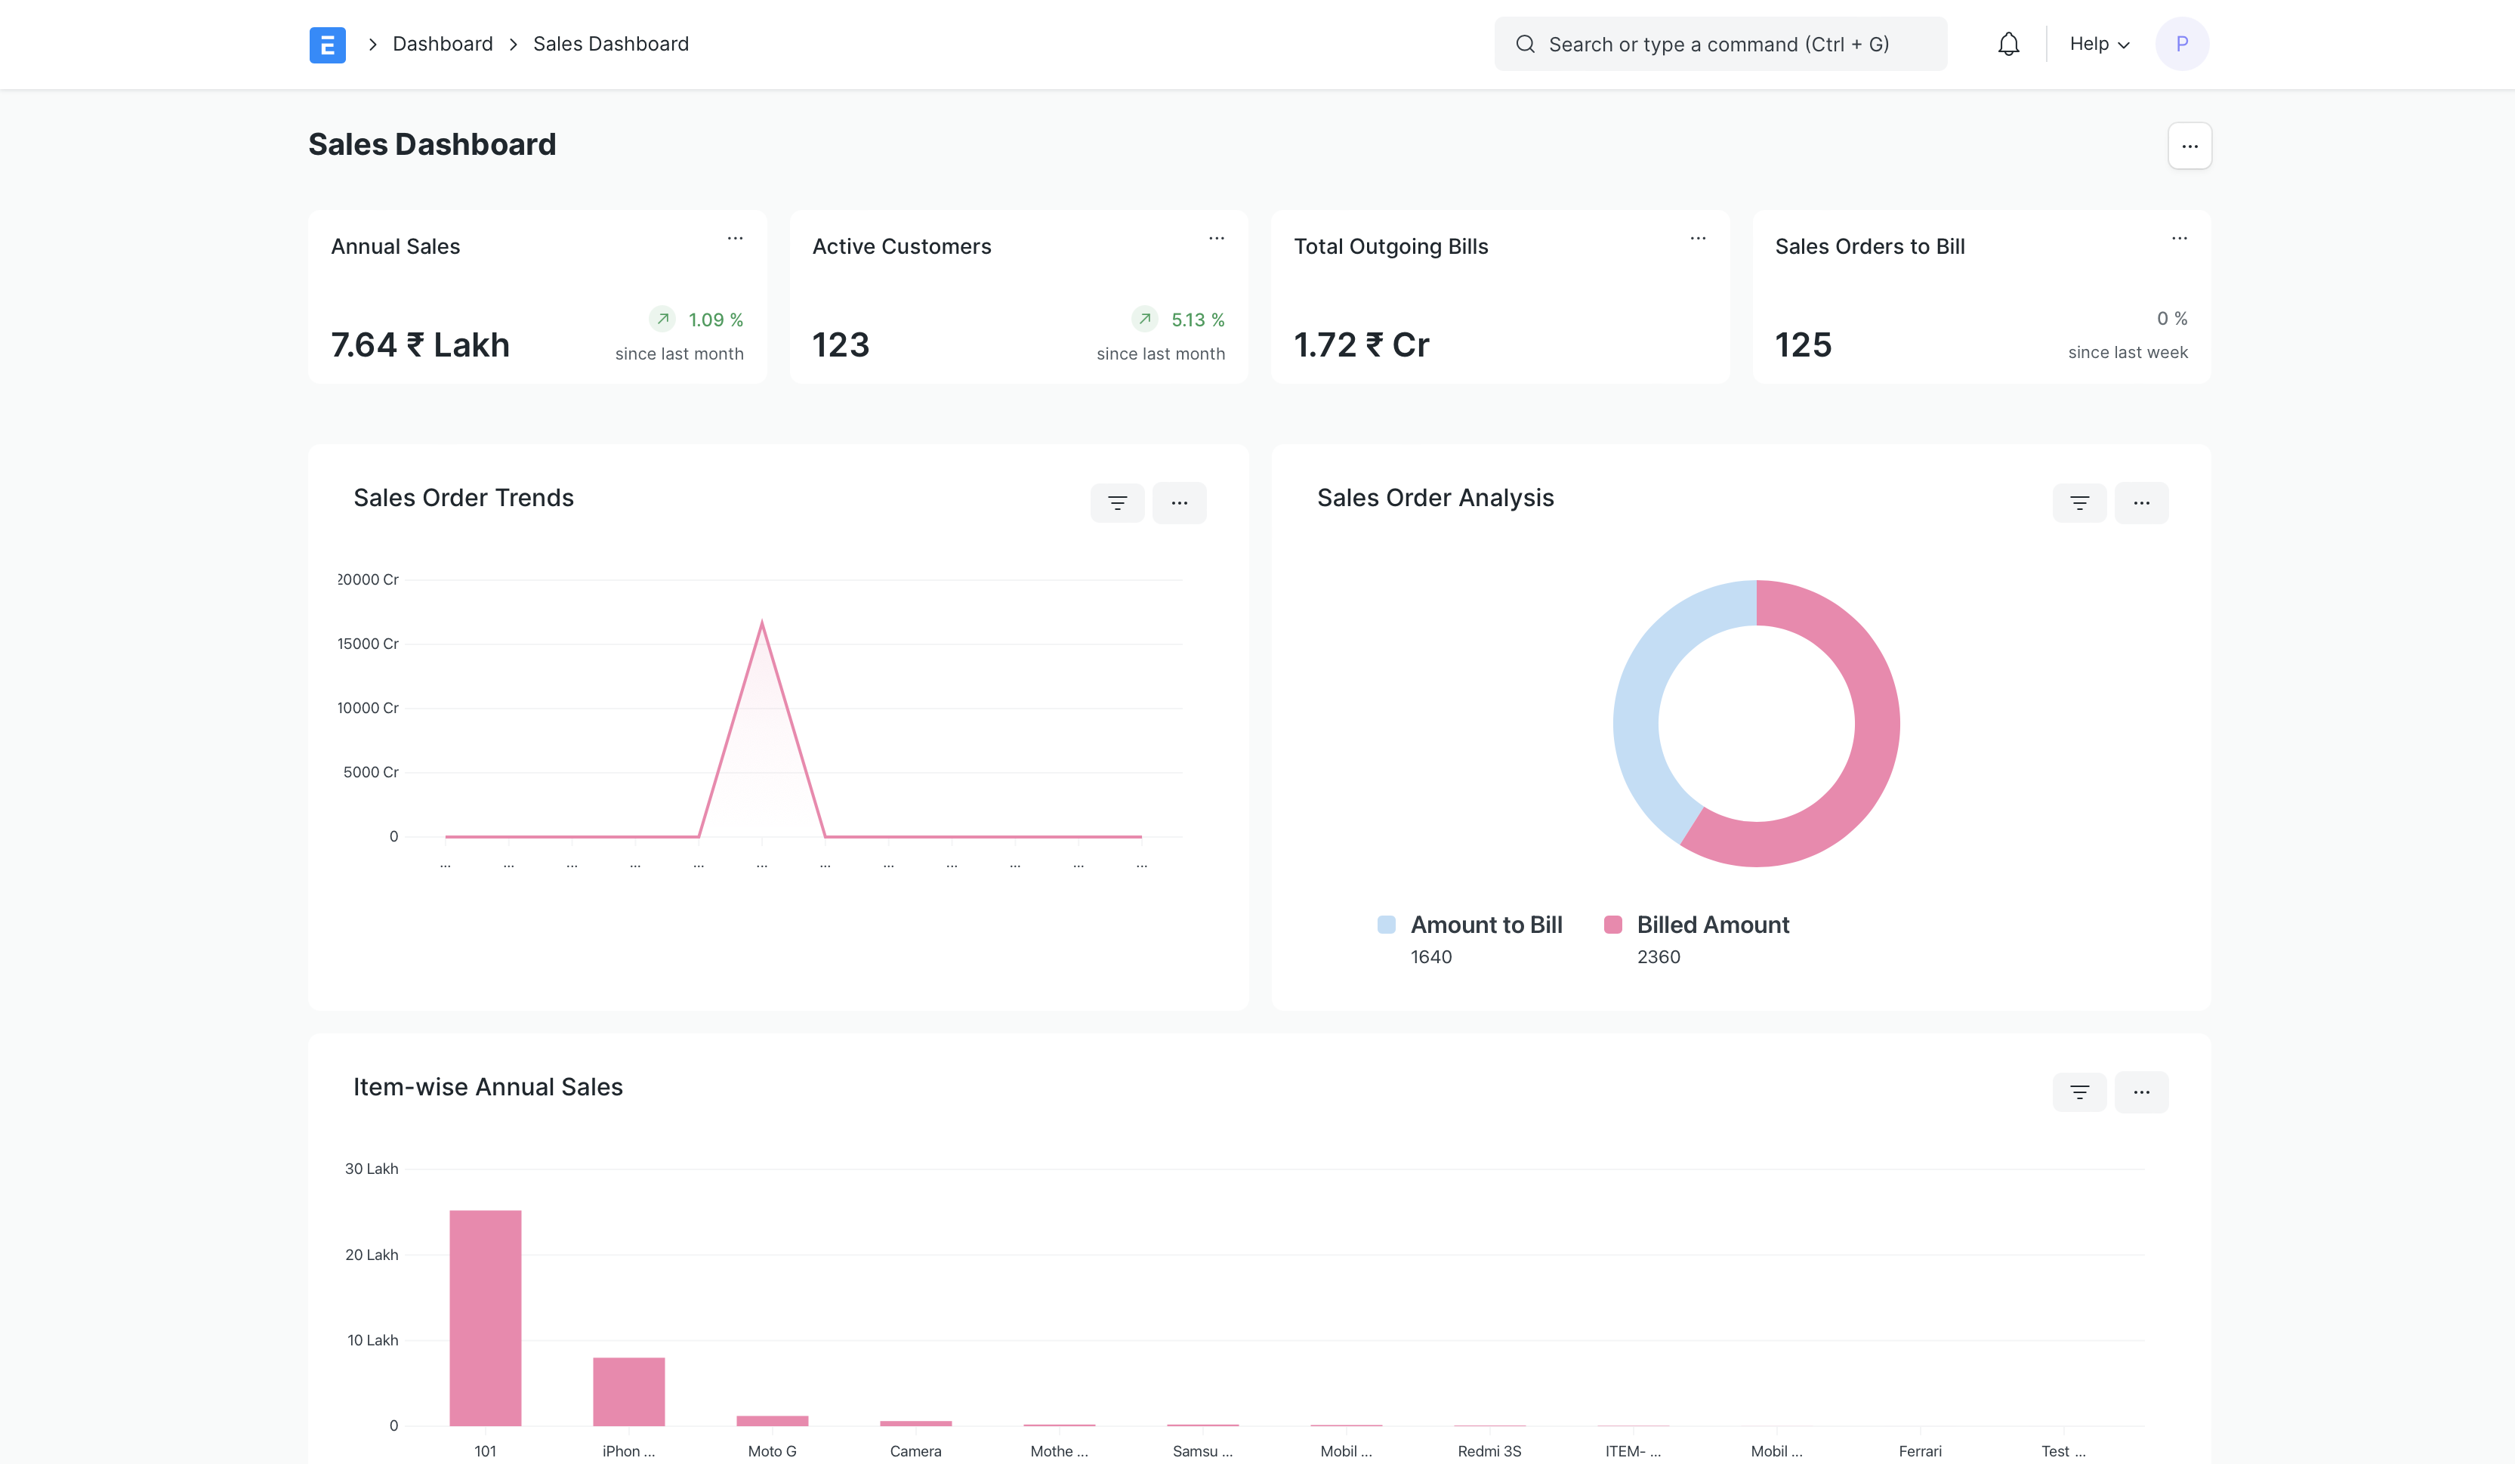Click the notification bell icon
[x=2008, y=44]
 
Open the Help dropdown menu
[x=2099, y=44]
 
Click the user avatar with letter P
[x=2182, y=44]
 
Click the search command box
[x=1719, y=44]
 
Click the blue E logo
[x=327, y=45]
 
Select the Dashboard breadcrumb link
[x=442, y=44]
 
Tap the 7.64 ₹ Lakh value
[x=420, y=345]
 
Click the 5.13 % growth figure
[x=1196, y=320]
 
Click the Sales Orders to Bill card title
[x=1869, y=246]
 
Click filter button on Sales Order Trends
[x=1117, y=503]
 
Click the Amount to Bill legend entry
[x=1485, y=925]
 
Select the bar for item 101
[x=485, y=1317]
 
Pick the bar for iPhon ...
[x=628, y=1391]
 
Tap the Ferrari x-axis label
[x=1919, y=1451]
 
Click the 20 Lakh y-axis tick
[x=372, y=1255]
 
